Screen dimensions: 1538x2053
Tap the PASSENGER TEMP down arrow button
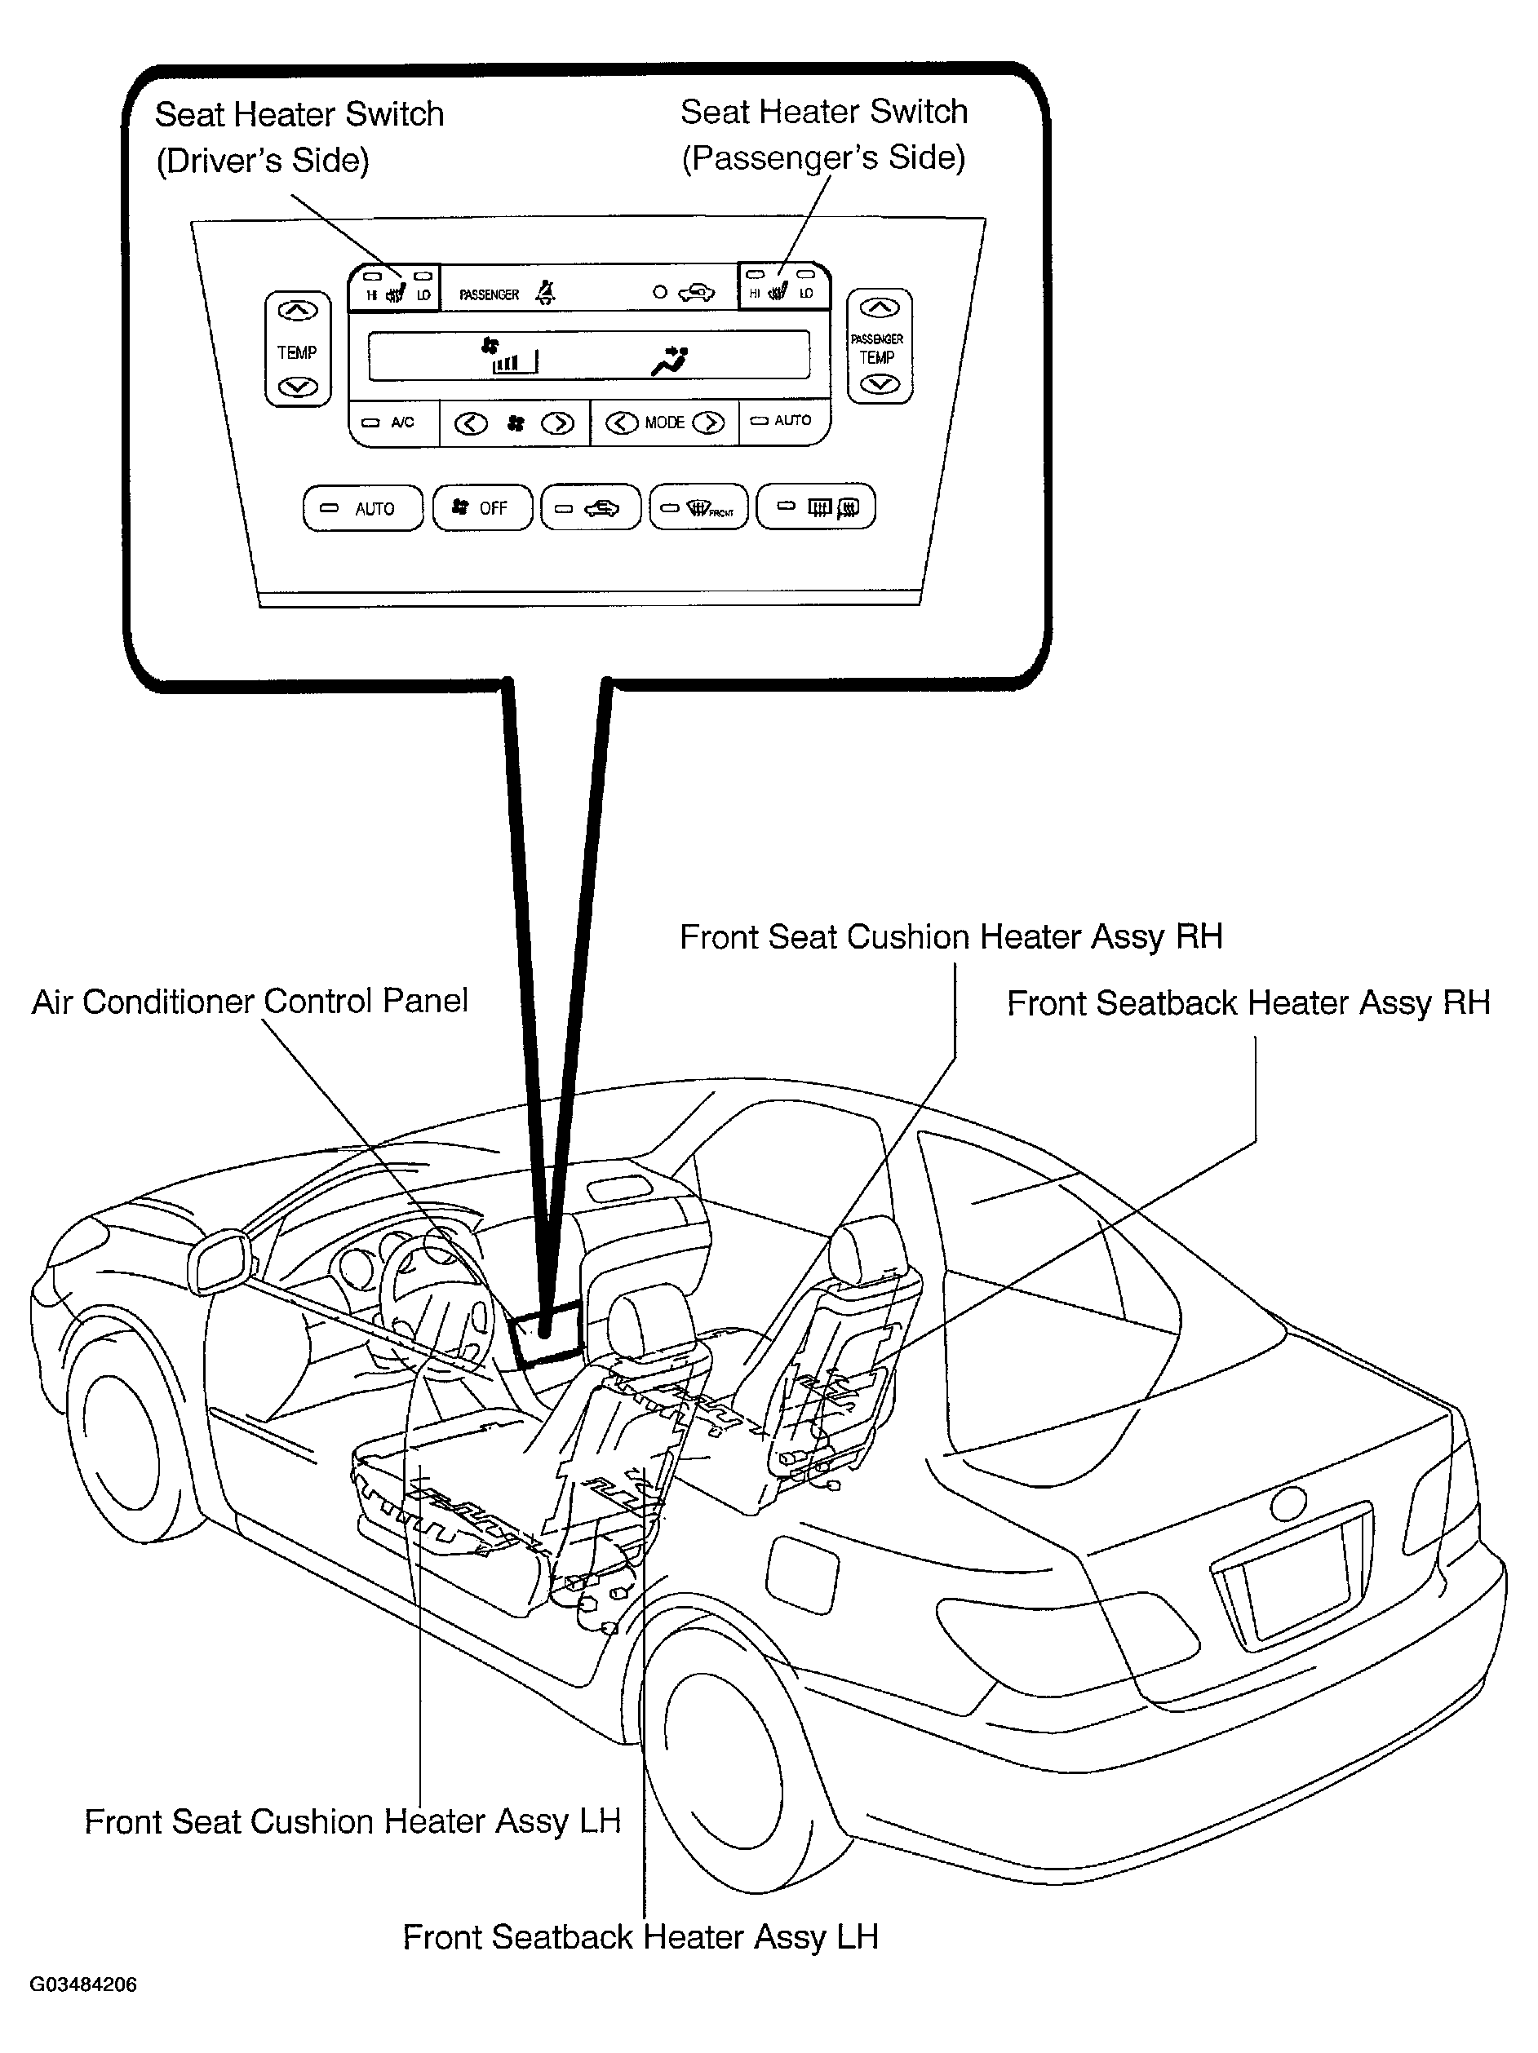pyautogui.click(x=880, y=384)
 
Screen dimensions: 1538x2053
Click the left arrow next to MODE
pyautogui.click(x=621, y=423)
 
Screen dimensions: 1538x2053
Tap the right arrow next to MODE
pyautogui.click(x=709, y=423)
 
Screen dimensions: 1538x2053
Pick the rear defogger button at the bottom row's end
pyautogui.click(x=816, y=507)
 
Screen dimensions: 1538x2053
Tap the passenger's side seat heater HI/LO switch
pyautogui.click(x=782, y=285)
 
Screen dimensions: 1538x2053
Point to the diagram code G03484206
pyautogui.click(x=83, y=1984)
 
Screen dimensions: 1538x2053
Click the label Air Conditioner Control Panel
pyautogui.click(x=250, y=1002)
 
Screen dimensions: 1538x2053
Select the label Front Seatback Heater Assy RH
pyautogui.click(x=1248, y=1003)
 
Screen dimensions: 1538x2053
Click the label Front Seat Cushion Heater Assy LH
pyautogui.click(x=352, y=1822)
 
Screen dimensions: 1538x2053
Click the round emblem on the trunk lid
pyautogui.click(x=1288, y=1502)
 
